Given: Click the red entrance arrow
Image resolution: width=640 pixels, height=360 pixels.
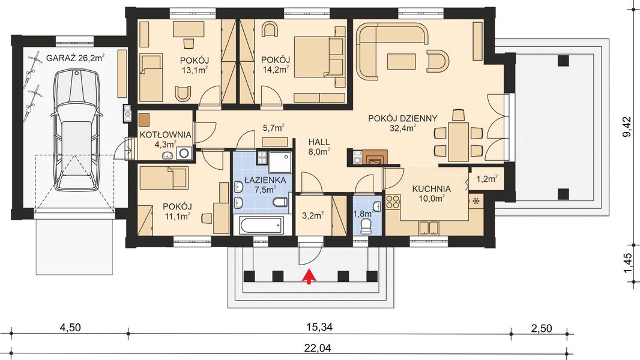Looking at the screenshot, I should pyautogui.click(x=309, y=277).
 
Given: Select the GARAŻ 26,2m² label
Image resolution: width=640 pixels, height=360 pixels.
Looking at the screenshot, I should pyautogui.click(x=76, y=58).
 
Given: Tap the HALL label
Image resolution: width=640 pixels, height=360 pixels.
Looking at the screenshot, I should pyautogui.click(x=319, y=142).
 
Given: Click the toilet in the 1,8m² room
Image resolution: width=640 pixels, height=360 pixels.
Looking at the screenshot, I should pyautogui.click(x=367, y=226).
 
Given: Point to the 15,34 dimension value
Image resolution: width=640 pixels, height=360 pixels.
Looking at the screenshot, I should pyautogui.click(x=319, y=328).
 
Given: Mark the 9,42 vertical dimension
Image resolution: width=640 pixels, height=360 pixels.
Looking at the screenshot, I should pyautogui.click(x=628, y=127).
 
